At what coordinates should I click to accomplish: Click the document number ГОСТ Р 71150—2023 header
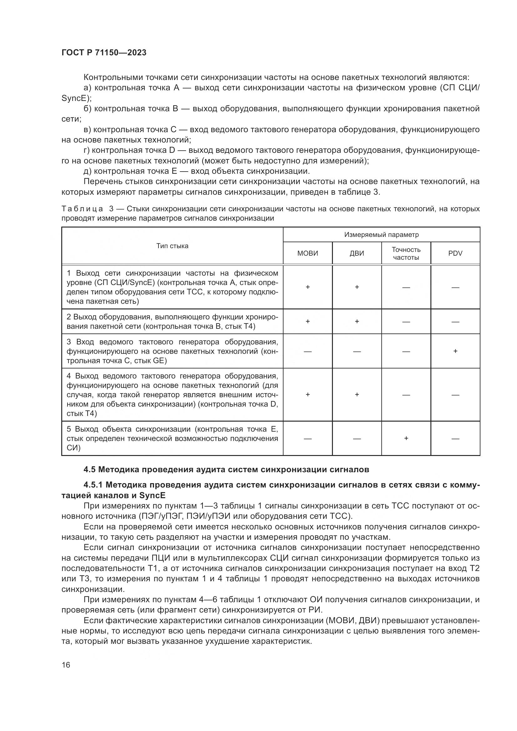(104, 53)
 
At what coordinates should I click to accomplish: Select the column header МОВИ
(308, 253)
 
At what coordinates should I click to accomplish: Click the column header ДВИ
(357, 253)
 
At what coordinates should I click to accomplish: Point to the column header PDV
(455, 253)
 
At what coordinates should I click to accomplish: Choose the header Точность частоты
(406, 253)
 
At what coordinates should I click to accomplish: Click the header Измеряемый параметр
(381, 235)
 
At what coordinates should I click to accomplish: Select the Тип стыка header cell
(172, 246)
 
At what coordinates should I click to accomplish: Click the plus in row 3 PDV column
(455, 351)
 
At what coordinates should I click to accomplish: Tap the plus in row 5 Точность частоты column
(406, 438)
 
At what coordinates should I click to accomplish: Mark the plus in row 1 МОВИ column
(308, 287)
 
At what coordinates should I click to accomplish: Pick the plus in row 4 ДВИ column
(357, 394)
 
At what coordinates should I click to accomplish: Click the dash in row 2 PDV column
(455, 322)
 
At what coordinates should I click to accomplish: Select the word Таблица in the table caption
(82, 209)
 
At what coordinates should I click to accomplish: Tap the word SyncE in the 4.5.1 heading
(152, 495)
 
